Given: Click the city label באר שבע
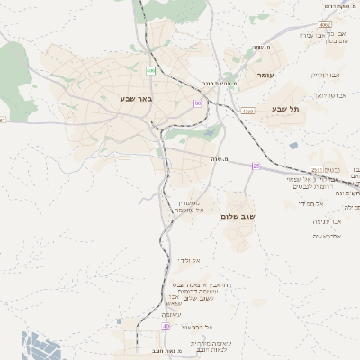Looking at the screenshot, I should (138, 98).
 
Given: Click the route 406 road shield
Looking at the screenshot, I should (151, 70).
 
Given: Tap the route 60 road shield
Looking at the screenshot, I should (197, 103).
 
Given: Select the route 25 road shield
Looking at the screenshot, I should (256, 166).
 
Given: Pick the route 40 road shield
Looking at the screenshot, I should (166, 326).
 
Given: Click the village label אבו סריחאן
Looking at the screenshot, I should (330, 94).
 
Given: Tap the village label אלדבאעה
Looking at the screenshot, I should (326, 236).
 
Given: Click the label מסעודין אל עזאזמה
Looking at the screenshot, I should (187, 206).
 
